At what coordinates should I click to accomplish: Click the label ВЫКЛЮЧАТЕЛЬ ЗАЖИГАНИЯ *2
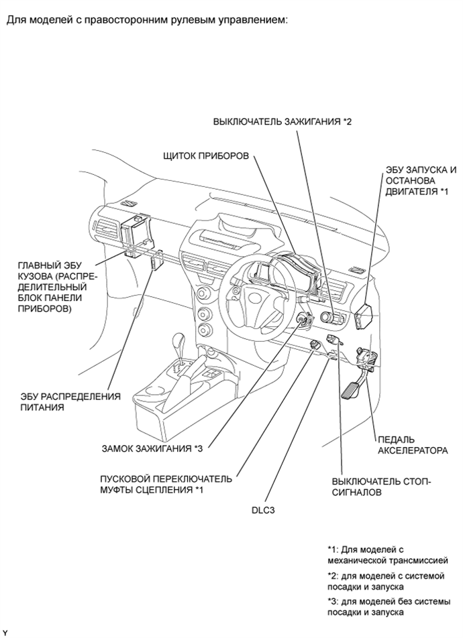click(x=282, y=122)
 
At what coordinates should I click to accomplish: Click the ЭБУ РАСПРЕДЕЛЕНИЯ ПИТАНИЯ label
click(x=70, y=401)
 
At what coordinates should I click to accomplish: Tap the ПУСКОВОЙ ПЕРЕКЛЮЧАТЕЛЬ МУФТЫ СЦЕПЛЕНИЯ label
click(x=165, y=485)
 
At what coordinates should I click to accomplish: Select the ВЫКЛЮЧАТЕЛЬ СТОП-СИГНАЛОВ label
click(x=382, y=487)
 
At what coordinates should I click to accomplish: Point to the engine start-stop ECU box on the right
click(x=368, y=314)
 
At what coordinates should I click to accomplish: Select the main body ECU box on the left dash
click(x=136, y=236)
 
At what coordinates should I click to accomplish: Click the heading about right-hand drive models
click(x=147, y=19)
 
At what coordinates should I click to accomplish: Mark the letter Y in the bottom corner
click(x=5, y=632)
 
